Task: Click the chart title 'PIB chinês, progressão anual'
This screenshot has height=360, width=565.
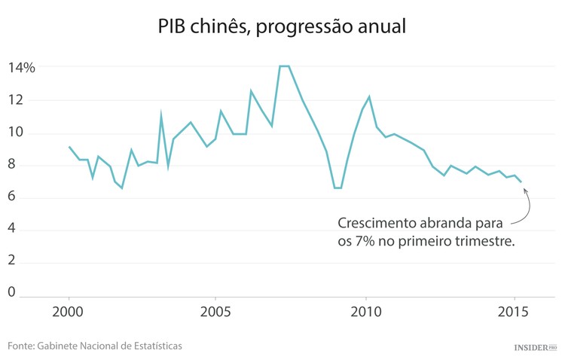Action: click(282, 26)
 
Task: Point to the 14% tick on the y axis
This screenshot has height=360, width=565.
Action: click(22, 67)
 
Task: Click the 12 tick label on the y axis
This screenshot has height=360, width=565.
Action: click(16, 100)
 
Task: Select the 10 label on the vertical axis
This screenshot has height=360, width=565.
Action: click(16, 133)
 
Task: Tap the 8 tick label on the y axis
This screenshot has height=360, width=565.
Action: click(11, 166)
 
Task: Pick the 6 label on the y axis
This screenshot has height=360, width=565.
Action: click(11, 198)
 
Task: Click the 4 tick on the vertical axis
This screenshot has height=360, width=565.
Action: click(11, 230)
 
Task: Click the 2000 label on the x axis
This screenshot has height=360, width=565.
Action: click(69, 311)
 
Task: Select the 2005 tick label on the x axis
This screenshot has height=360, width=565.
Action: click(216, 311)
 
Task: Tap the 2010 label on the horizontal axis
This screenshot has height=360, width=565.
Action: click(365, 311)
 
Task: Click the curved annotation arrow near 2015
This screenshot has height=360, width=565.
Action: click(526, 209)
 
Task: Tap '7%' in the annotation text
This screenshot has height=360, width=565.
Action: click(364, 242)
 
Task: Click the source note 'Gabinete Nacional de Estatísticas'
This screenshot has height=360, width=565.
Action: click(112, 346)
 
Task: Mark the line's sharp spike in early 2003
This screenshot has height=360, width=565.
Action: click(160, 115)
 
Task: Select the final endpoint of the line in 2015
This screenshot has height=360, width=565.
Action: click(521, 182)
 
